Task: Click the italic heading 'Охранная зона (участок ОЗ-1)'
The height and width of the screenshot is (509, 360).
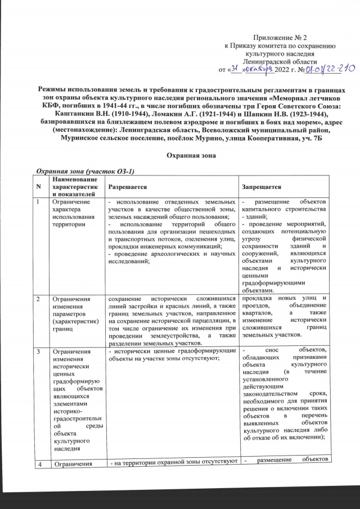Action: tap(86, 170)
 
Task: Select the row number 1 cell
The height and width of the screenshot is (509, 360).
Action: tap(38, 201)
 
